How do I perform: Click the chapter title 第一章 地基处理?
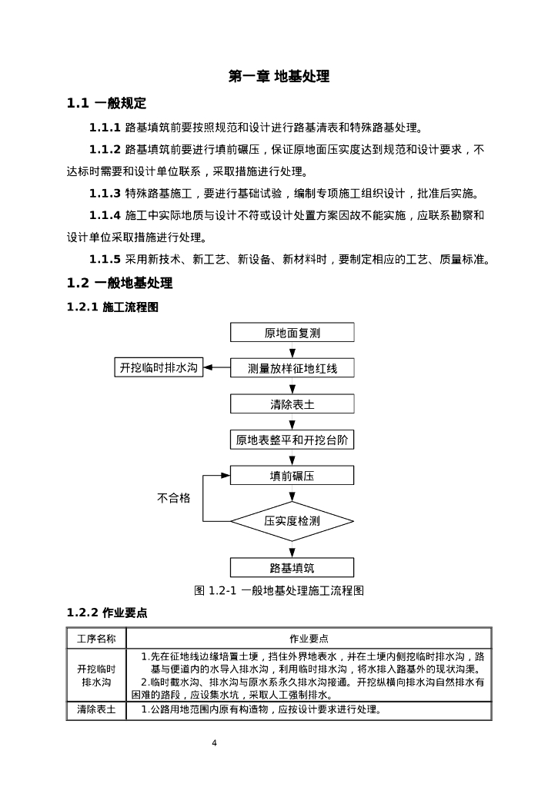click(279, 77)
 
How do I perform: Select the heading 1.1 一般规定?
click(106, 104)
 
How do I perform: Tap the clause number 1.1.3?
click(105, 194)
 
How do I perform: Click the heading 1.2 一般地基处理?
click(119, 283)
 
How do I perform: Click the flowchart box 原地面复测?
click(292, 333)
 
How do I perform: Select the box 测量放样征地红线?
click(292, 368)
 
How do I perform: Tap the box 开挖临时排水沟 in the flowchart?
click(158, 367)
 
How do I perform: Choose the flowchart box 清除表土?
click(292, 404)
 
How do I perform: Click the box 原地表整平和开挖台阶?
click(292, 440)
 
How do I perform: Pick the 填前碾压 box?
click(292, 476)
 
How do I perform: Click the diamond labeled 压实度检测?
click(292, 520)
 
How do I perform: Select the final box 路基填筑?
click(292, 568)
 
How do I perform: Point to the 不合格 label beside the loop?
click(174, 498)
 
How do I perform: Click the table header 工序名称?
click(96, 638)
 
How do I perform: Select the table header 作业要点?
click(309, 638)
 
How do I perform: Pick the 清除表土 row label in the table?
click(96, 709)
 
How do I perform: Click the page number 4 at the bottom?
click(215, 743)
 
